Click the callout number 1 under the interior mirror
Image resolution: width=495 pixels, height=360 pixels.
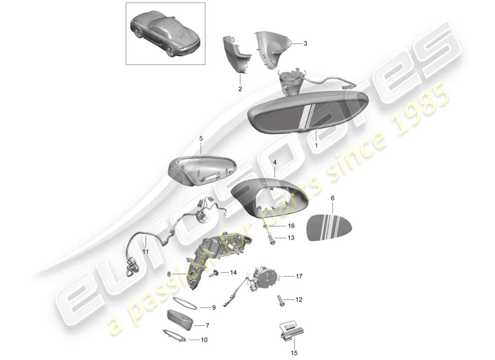(316, 146)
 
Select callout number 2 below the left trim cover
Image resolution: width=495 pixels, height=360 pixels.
(240, 89)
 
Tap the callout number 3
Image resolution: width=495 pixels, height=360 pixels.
(305, 44)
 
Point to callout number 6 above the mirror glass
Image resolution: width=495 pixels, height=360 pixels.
(333, 198)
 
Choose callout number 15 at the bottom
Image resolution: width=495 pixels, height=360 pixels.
(295, 353)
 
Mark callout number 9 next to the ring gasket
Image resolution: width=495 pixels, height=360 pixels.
(214, 308)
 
